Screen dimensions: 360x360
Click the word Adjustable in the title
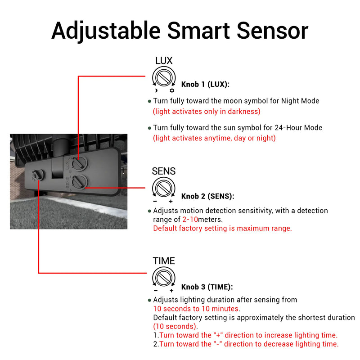(106, 31)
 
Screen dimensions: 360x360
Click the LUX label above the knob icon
(163, 61)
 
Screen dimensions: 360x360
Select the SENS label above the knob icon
(163, 171)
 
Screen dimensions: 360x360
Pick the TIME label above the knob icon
(163, 261)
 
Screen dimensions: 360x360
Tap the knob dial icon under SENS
(163, 187)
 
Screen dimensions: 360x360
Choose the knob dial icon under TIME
(163, 276)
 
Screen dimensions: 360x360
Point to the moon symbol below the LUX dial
(155, 90)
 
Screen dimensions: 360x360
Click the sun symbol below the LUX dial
(171, 90)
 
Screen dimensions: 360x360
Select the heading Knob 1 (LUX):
(205, 84)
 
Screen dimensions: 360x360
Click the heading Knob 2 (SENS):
(207, 196)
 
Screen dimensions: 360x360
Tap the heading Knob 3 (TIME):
(207, 287)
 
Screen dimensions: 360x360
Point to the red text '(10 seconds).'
(175, 326)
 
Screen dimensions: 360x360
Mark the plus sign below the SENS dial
(171, 201)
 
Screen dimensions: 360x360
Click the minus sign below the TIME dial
(155, 291)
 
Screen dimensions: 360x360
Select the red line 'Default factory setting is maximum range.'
(222, 228)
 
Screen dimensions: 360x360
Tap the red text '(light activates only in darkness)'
(207, 111)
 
